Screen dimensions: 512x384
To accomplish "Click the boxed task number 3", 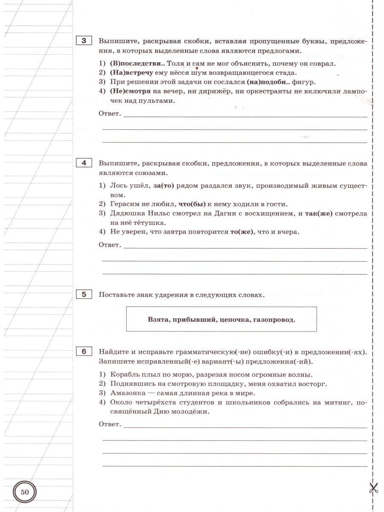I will coord(84,41).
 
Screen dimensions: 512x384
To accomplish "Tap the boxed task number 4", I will coord(84,163).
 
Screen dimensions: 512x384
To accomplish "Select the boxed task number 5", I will coord(84,294).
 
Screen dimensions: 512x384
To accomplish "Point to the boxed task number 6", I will coord(84,352).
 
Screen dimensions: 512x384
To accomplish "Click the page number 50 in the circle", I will coord(25,492).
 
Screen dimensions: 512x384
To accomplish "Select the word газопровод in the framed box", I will coord(274,319).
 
